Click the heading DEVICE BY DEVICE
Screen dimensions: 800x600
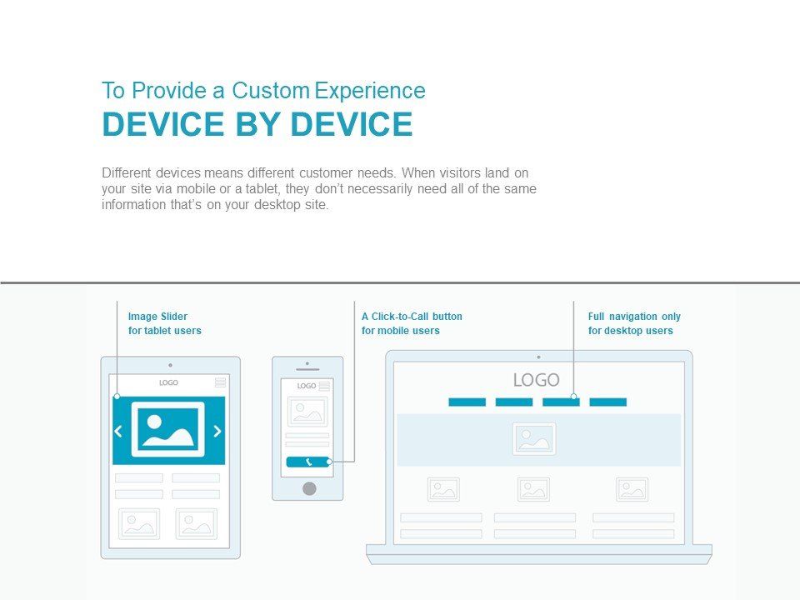[257, 124]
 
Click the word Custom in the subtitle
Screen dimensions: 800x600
[270, 91]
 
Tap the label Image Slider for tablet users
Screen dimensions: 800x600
[164, 323]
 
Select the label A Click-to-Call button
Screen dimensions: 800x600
[412, 317]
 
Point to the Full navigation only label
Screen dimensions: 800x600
[634, 317]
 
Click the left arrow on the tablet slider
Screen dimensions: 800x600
[118, 431]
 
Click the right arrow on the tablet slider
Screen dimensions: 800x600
[217, 431]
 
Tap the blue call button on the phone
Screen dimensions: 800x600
[307, 462]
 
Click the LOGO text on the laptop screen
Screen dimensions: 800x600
[536, 380]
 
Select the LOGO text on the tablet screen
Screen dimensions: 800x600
[168, 382]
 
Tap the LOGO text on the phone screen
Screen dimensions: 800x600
[307, 386]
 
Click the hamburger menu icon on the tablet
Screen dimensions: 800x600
[220, 382]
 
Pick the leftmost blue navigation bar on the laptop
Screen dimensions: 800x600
[467, 402]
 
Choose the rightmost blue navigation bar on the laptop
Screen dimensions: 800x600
[607, 402]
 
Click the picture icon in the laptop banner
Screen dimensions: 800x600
[534, 439]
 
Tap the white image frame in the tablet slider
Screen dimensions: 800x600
[167, 430]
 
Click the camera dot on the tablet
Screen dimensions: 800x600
[170, 365]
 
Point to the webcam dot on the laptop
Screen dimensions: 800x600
[539, 357]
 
